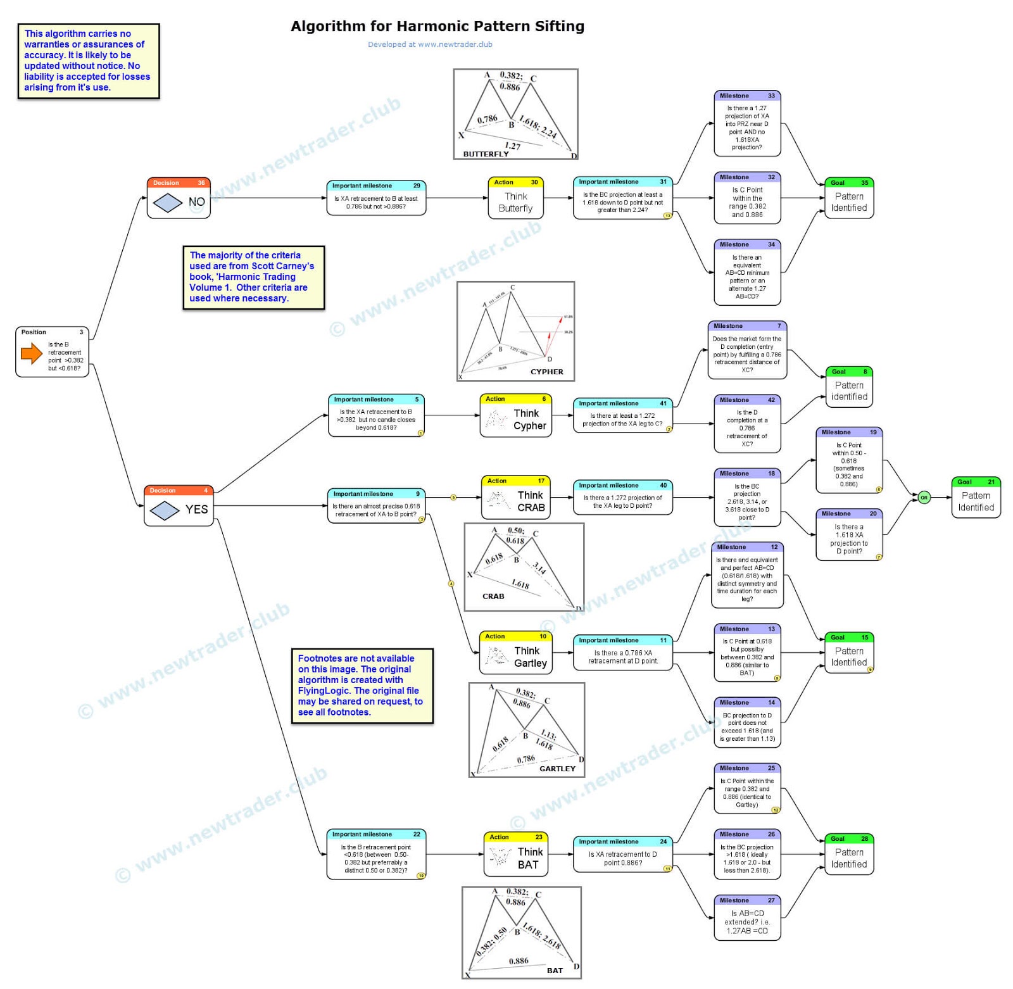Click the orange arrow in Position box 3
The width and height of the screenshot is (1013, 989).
click(32, 353)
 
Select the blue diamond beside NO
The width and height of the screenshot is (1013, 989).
click(167, 203)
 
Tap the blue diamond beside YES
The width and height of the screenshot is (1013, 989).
click(165, 510)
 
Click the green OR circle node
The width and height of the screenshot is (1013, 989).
click(924, 498)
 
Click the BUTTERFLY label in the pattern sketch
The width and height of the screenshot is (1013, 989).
click(486, 154)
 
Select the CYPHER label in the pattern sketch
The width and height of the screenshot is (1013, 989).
click(546, 372)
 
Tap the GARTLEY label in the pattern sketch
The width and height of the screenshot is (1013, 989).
click(557, 769)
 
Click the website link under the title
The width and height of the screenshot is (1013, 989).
click(430, 44)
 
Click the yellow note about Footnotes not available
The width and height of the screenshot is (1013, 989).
click(362, 685)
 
